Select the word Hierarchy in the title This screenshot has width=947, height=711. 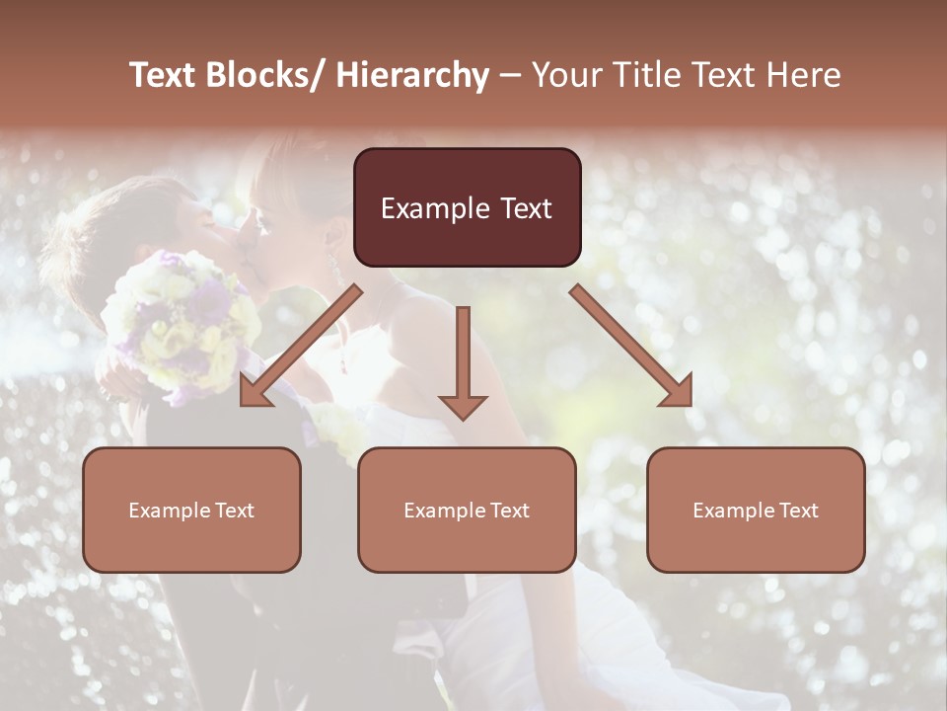click(411, 75)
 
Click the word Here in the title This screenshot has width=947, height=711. click(806, 75)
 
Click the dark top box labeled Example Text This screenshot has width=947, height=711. click(467, 207)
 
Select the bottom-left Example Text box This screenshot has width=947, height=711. click(191, 510)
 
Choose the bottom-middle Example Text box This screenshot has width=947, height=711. click(467, 510)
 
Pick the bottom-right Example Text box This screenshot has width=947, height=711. click(756, 510)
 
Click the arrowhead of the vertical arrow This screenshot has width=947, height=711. click(463, 405)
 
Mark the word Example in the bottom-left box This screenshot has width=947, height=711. click(169, 511)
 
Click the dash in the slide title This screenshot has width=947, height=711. click(510, 75)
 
